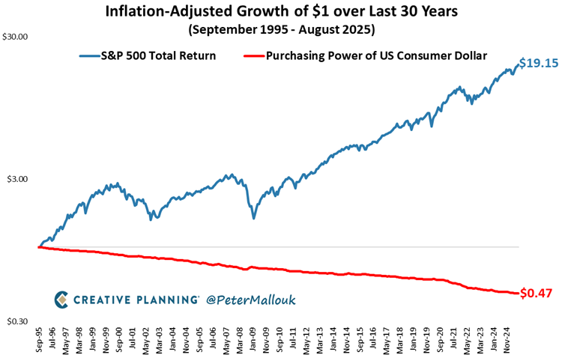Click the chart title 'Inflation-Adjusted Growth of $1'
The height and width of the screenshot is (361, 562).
coord(280,13)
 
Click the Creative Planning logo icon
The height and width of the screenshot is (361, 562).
coord(62,299)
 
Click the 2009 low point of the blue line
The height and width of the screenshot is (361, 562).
coord(254,218)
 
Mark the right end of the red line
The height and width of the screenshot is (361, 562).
coord(518,293)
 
